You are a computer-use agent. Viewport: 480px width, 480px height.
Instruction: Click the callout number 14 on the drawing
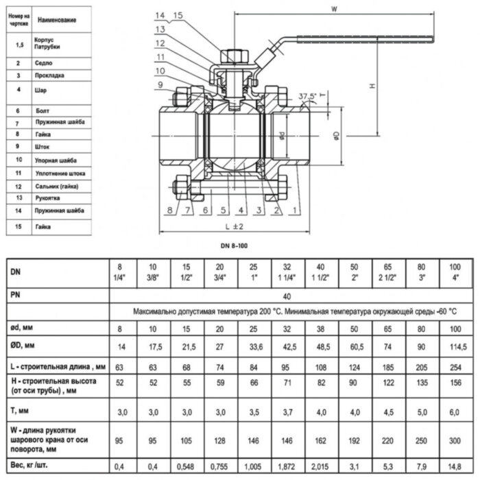(159, 15)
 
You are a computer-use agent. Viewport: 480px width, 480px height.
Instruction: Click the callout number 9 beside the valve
(159, 85)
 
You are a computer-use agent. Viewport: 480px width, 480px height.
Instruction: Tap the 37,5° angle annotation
(308, 96)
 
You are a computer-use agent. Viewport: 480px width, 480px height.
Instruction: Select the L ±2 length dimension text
(232, 226)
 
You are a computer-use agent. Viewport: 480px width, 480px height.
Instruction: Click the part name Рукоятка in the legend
(47, 197)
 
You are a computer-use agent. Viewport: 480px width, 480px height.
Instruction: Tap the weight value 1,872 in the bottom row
(287, 467)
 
